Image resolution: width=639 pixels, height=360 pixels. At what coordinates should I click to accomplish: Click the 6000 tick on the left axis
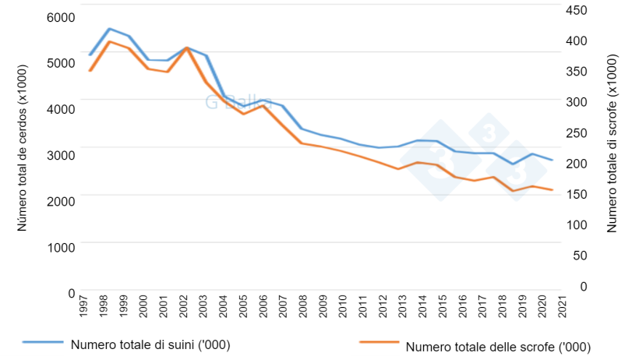pyautogui.click(x=60, y=17)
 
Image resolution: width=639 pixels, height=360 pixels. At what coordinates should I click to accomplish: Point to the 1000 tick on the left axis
pyautogui.click(x=60, y=245)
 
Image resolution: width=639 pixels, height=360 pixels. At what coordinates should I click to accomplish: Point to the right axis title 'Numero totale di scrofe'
pyautogui.click(x=612, y=144)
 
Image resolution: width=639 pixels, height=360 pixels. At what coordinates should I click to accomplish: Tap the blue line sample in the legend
pyautogui.click(x=43, y=342)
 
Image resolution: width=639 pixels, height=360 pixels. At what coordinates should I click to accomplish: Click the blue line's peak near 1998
pyautogui.click(x=109, y=29)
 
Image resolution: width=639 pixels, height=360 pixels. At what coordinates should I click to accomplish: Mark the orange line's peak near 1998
pyautogui.click(x=109, y=41)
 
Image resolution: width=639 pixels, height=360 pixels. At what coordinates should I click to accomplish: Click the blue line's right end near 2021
pyautogui.click(x=553, y=160)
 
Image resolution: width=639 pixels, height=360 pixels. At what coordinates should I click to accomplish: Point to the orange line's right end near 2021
pyautogui.click(x=553, y=190)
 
